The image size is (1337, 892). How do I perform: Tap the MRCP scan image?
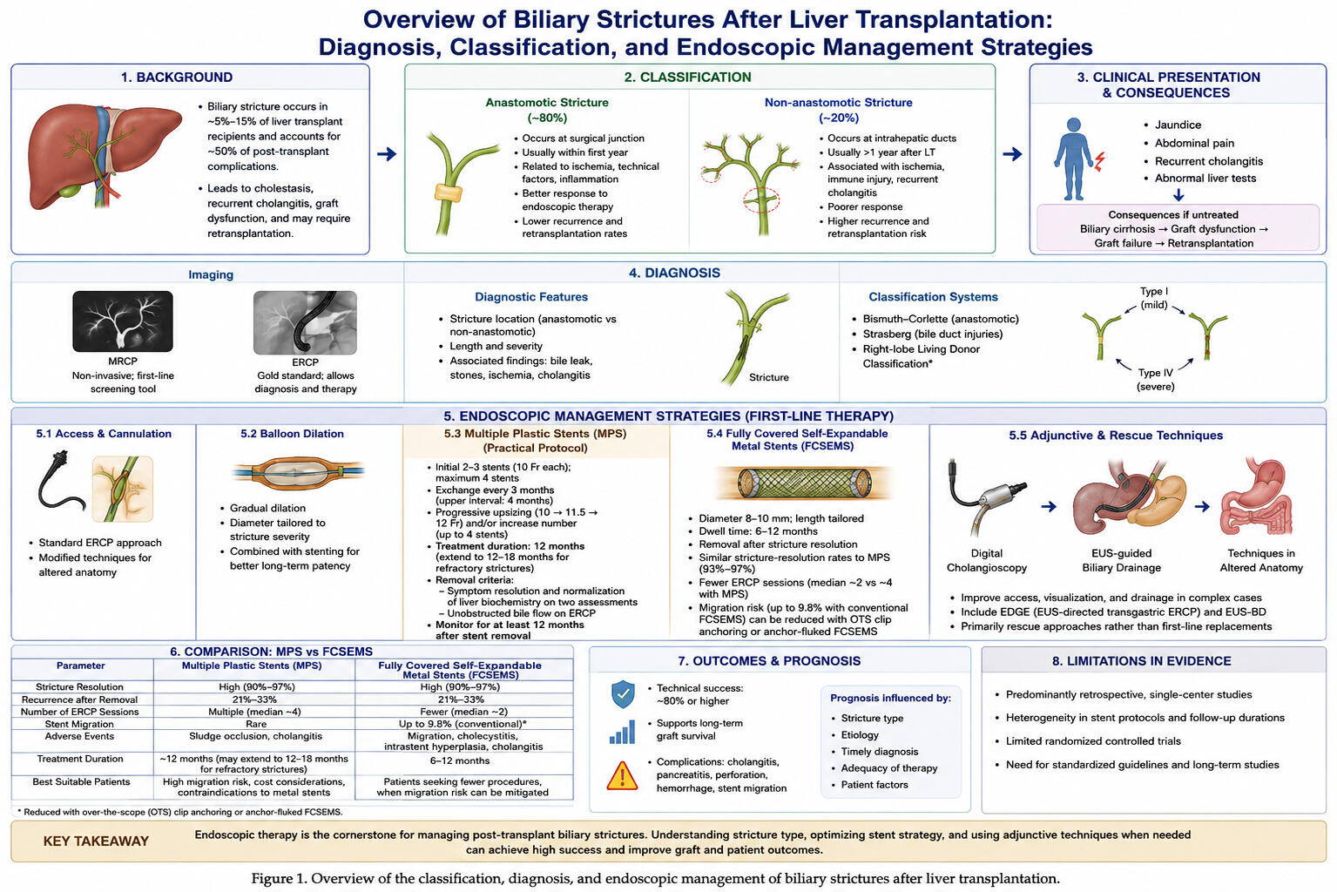tap(122, 321)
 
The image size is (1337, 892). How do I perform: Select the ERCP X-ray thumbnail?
tap(305, 322)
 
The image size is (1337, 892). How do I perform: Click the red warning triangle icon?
tap(622, 775)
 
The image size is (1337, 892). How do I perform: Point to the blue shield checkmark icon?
tap(623, 694)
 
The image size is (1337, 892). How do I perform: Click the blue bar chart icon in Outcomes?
tap(622, 732)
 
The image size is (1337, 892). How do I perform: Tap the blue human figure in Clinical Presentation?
tap(1073, 159)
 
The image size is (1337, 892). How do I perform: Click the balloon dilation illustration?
tap(297, 473)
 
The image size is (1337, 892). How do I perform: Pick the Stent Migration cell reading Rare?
tap(255, 724)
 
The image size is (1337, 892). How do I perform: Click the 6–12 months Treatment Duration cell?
tap(460, 760)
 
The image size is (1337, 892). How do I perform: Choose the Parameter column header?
tap(81, 666)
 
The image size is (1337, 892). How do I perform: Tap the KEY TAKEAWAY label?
tap(96, 841)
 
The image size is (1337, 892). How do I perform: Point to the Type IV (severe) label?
tap(1155, 379)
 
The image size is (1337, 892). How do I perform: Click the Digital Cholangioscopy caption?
tap(987, 560)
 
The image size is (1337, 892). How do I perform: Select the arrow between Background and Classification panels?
tap(387, 154)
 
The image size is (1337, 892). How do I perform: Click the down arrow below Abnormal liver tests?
tap(1178, 194)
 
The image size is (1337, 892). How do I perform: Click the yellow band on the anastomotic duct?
tap(449, 193)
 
